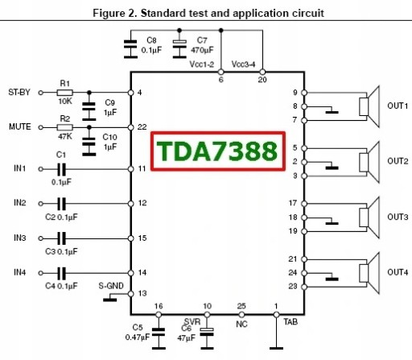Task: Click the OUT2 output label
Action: pos(398,161)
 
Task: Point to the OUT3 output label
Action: pos(398,217)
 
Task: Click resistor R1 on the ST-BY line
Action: pos(65,92)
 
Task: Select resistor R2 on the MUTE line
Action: pos(65,127)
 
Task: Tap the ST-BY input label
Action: pos(19,92)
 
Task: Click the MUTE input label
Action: pos(19,127)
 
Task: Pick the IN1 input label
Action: pos(19,168)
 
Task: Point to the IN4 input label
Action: pos(19,273)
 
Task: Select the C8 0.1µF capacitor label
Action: pos(149,44)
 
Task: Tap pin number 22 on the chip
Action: pos(142,127)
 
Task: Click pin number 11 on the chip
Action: pos(142,168)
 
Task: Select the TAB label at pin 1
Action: pos(290,320)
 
